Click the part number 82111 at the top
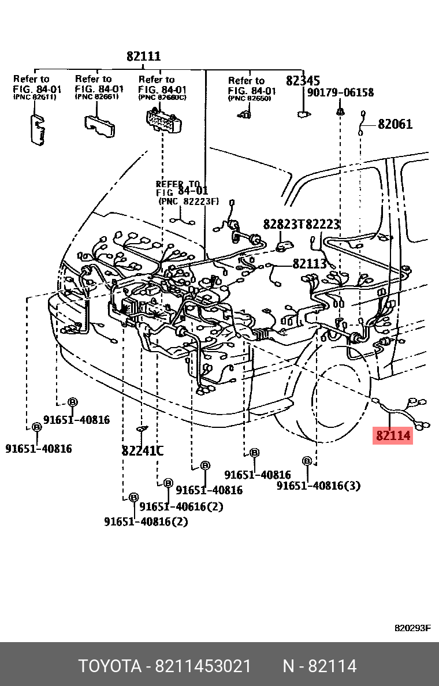point(144,57)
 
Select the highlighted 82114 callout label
point(393,436)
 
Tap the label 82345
point(303,80)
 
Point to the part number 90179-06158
point(340,92)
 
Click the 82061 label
point(395,124)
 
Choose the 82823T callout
point(283,224)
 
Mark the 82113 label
point(309,263)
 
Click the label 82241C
point(142,451)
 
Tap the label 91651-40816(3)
point(318,486)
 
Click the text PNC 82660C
point(162,98)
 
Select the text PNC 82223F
point(189,201)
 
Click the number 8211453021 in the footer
point(202,666)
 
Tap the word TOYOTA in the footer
point(110,666)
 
